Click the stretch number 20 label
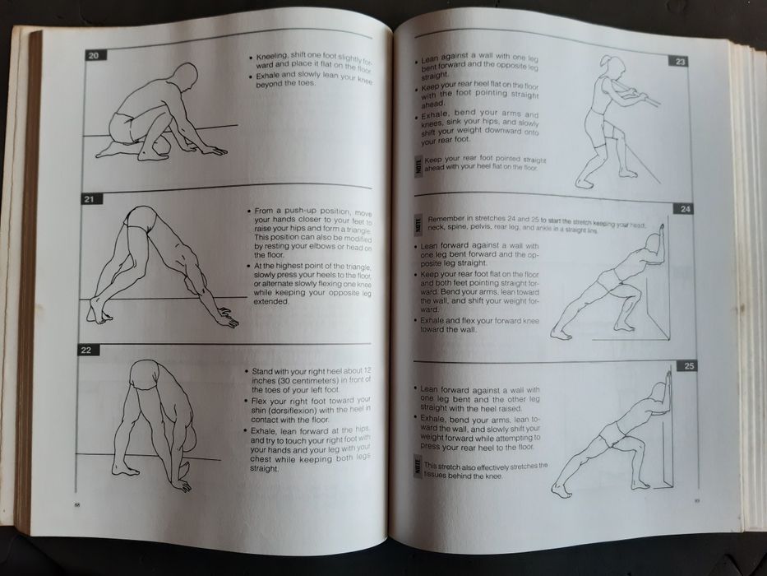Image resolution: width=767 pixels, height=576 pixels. [x=94, y=55]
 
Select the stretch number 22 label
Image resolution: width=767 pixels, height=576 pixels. [x=86, y=351]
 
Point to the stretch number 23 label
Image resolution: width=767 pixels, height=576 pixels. [x=680, y=61]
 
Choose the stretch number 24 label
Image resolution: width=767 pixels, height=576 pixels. [x=686, y=209]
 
